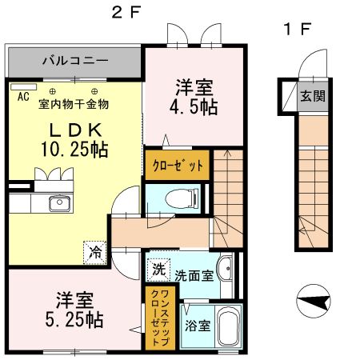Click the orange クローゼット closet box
[177, 164]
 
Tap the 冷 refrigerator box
[94, 252]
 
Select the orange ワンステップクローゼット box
[161, 316]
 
